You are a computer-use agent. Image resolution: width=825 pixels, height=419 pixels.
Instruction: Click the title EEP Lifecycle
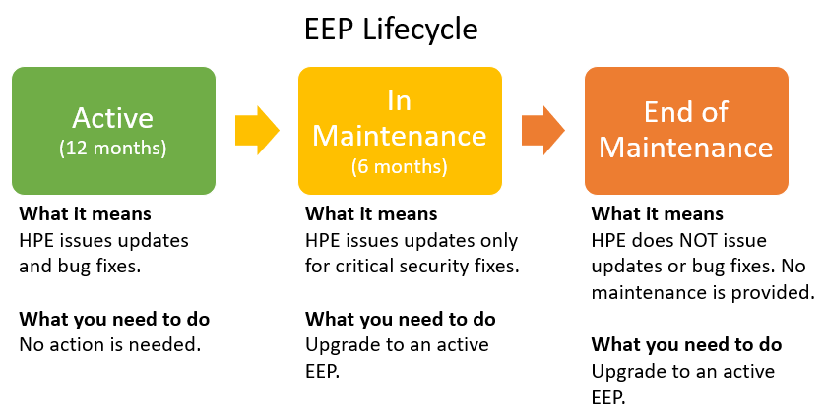tap(391, 29)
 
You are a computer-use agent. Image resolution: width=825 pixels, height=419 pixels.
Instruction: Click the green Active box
tap(113, 131)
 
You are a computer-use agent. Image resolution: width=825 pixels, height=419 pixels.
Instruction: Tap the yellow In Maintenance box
tap(400, 131)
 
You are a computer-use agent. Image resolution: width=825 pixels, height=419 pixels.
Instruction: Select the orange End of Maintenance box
tap(686, 131)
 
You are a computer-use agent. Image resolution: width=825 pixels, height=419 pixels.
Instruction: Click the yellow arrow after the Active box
tap(257, 131)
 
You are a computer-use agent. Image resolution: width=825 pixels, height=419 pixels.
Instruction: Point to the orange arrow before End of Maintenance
tap(543, 131)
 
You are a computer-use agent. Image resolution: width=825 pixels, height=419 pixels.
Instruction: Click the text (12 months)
tap(113, 149)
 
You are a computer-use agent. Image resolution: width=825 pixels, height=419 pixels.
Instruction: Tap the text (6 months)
tap(400, 166)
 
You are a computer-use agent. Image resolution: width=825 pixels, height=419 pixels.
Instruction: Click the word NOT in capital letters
tap(699, 240)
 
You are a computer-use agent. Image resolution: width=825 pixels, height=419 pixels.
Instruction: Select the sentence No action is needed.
tap(110, 345)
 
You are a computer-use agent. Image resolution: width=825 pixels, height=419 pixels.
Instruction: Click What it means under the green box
tap(86, 214)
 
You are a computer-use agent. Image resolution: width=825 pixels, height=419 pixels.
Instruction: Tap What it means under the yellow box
tap(371, 214)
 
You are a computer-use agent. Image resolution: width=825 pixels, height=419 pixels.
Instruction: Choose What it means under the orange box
tap(658, 214)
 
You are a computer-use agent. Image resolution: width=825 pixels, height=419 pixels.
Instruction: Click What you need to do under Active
tap(114, 319)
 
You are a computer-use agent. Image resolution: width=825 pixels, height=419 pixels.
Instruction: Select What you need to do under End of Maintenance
tap(686, 345)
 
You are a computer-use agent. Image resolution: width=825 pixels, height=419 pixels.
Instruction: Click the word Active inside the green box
tap(112, 118)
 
